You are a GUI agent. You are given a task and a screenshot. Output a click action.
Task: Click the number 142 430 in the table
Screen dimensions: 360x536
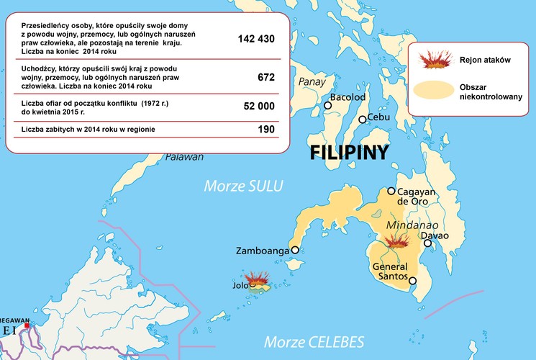click(x=255, y=39)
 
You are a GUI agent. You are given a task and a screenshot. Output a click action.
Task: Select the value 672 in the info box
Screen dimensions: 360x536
click(x=265, y=77)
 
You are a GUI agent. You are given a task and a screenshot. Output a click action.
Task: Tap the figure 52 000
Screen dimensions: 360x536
click(x=259, y=106)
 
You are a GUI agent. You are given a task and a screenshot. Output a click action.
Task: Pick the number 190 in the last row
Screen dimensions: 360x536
click(x=265, y=130)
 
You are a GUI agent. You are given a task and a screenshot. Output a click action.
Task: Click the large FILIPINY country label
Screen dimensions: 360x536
click(x=349, y=153)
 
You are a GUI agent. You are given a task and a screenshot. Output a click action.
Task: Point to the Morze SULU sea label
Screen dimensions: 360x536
click(x=244, y=186)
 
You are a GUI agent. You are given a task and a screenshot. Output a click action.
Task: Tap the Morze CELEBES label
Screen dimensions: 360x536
click(x=314, y=341)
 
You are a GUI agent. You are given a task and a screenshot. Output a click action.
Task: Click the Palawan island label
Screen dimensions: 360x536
click(x=185, y=157)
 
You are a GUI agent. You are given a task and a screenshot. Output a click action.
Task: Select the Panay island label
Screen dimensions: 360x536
click(x=312, y=81)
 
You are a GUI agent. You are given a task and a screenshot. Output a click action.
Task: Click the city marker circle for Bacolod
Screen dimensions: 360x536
click(x=328, y=105)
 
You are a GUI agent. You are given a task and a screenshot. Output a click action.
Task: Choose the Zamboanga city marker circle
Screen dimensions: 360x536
click(x=294, y=251)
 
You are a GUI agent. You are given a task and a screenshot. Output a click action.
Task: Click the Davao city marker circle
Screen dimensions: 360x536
click(x=428, y=243)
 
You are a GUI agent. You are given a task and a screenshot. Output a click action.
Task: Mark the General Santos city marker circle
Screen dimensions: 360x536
click(x=412, y=281)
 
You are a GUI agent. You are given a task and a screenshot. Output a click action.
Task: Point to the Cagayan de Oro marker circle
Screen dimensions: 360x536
click(x=391, y=192)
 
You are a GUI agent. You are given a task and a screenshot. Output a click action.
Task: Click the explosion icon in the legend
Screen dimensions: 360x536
click(x=432, y=60)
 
